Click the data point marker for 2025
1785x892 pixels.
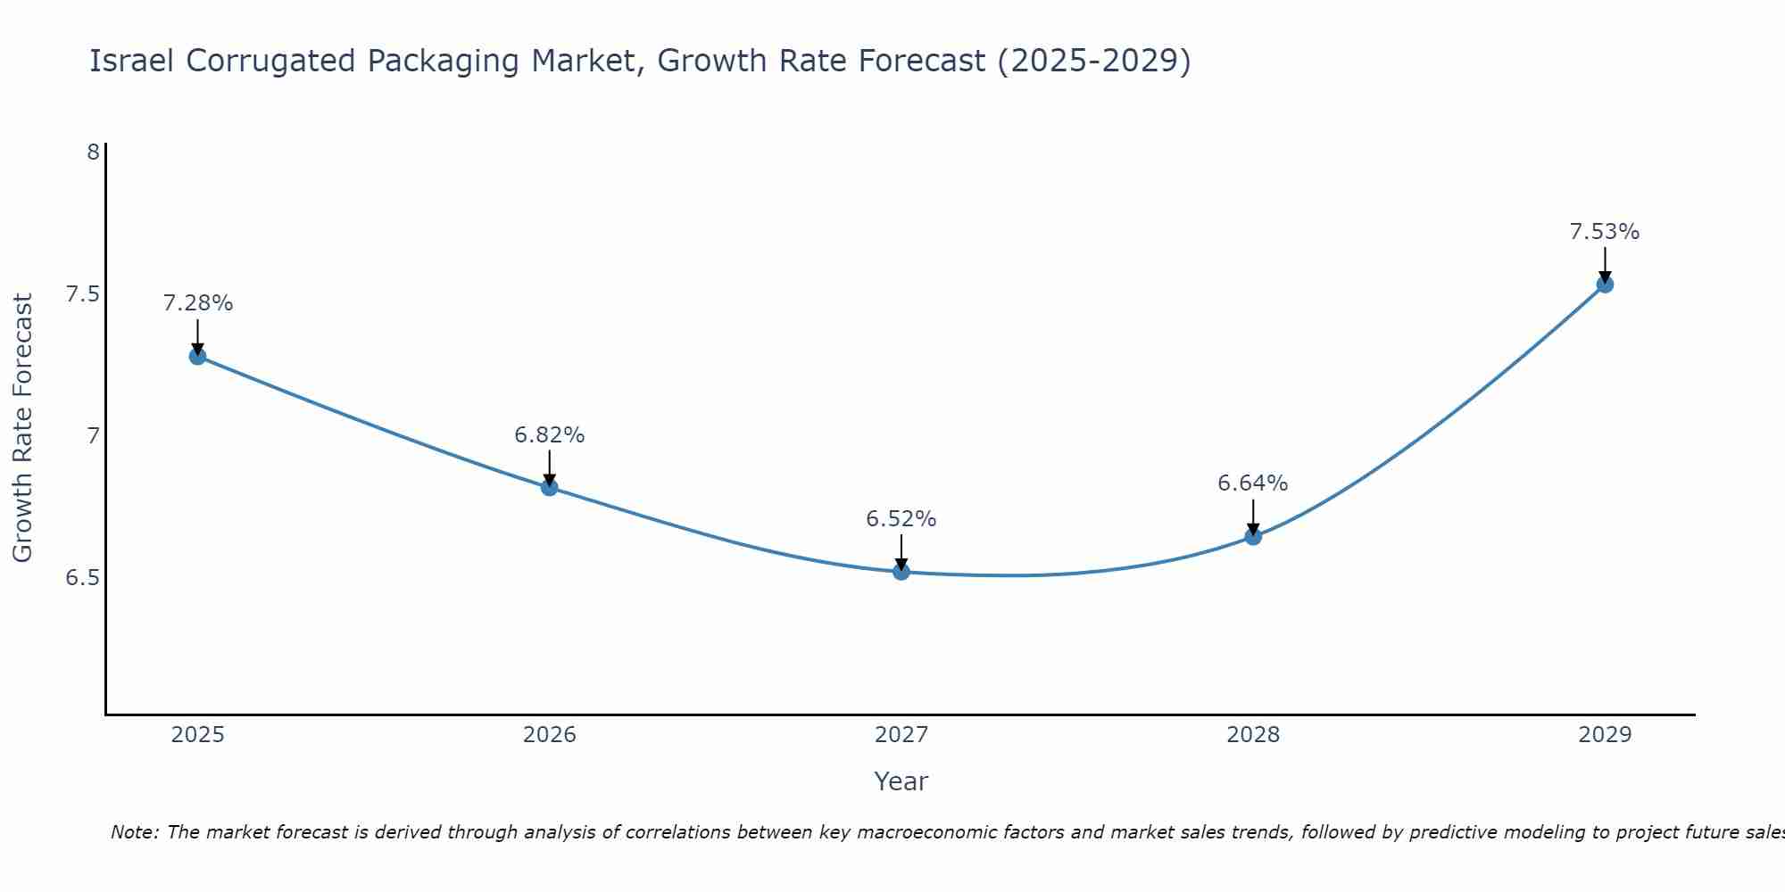[197, 357]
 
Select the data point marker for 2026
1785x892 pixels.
[549, 487]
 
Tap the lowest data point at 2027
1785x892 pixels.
[901, 572]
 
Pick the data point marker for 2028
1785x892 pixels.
[1252, 537]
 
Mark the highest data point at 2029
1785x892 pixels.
[1604, 285]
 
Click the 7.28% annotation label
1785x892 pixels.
[197, 303]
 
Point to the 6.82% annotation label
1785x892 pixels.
[549, 435]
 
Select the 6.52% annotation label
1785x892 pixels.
[901, 519]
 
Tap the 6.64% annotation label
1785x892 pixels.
[1252, 483]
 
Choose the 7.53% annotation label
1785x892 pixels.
[1604, 232]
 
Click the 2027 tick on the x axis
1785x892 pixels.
[901, 735]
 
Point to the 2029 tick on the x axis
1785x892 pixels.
[1604, 735]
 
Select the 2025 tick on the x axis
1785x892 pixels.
[197, 735]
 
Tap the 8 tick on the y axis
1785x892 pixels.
[93, 153]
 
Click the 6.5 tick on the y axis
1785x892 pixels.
[82, 578]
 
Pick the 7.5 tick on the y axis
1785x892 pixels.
[82, 294]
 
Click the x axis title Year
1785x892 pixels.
[901, 781]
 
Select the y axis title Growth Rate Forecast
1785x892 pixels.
[22, 428]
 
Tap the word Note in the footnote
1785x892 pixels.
[133, 832]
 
